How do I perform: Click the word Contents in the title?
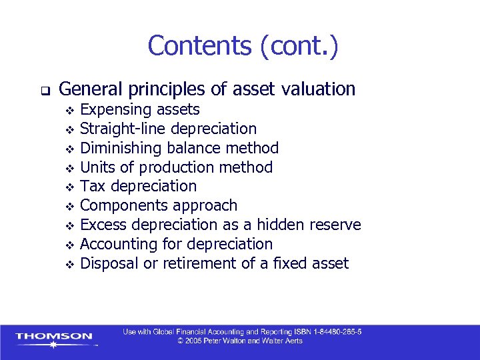[x=199, y=46]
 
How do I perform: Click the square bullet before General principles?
[x=42, y=89]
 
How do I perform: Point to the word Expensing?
[x=117, y=109]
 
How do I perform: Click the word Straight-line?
[x=123, y=128]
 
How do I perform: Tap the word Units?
[x=97, y=167]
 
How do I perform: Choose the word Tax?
[x=92, y=186]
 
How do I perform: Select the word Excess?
[x=102, y=225]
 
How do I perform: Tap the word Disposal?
[x=109, y=263]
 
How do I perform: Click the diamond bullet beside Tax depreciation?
[x=68, y=187]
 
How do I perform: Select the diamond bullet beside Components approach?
[x=68, y=207]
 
